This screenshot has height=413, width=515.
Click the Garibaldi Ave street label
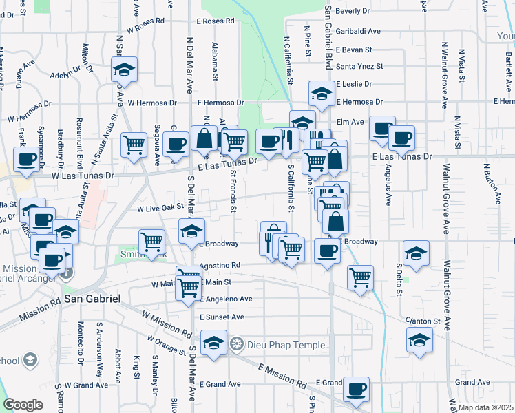coord(358,31)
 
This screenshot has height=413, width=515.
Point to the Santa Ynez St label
coord(359,67)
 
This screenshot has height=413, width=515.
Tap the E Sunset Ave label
coord(222,317)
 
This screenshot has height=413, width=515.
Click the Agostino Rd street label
coord(220,264)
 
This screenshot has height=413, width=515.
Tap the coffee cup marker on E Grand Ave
coord(357,389)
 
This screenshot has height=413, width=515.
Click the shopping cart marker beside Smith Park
coord(151,242)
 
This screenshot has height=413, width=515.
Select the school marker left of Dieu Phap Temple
coord(214,343)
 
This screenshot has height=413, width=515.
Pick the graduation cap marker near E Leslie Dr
coord(322,94)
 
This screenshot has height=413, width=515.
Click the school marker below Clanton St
coord(419,340)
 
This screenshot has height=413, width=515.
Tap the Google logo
coord(23,405)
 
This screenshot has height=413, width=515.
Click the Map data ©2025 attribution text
coord(485,407)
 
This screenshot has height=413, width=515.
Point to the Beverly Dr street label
coord(353,11)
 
